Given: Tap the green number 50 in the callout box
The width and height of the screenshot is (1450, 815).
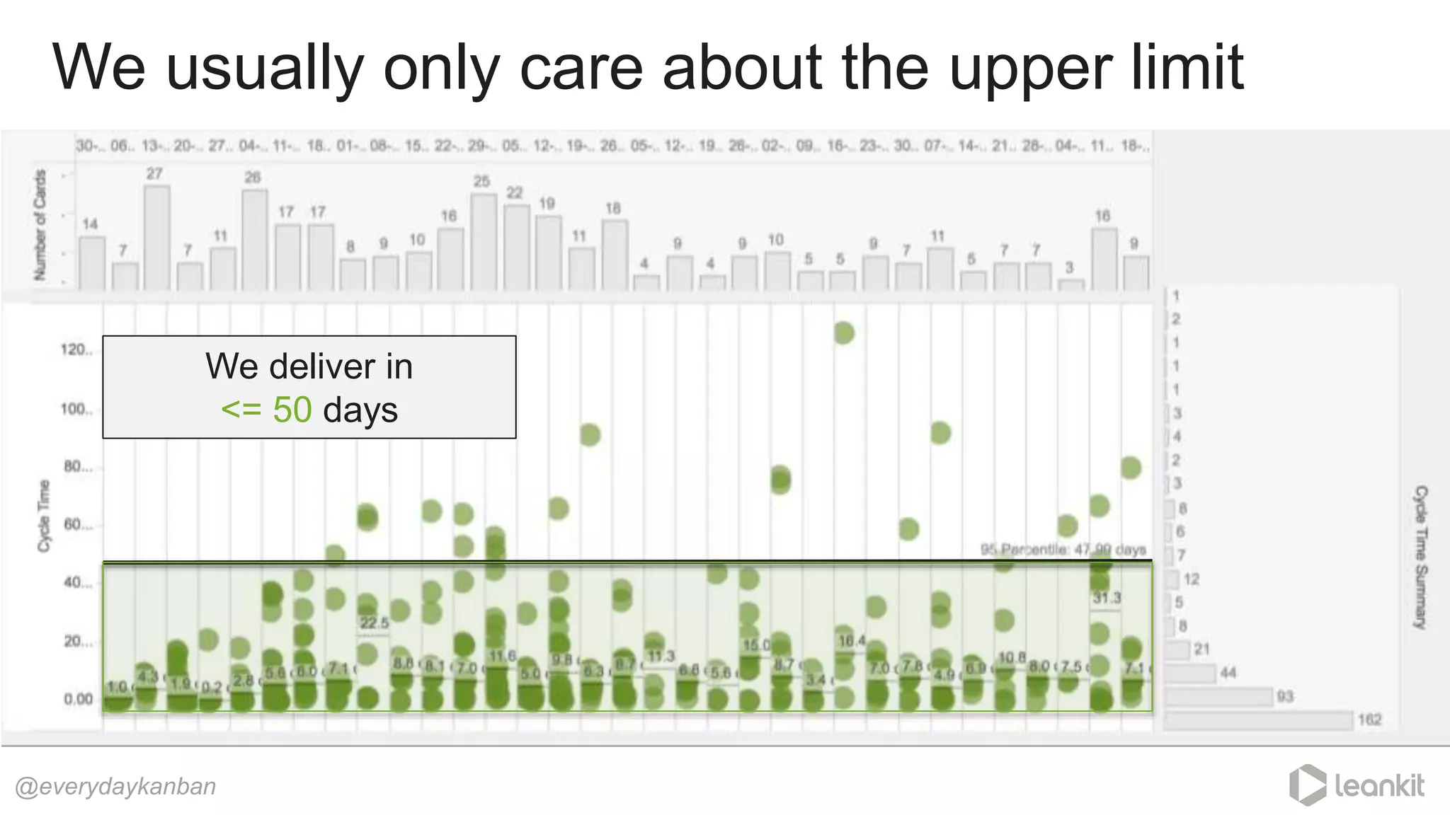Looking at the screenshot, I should click(x=292, y=410).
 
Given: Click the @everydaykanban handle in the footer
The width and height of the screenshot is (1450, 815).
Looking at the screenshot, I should click(x=115, y=787).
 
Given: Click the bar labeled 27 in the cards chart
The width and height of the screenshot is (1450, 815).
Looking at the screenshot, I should click(x=156, y=237).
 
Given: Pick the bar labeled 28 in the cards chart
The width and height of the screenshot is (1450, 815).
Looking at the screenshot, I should click(x=255, y=239).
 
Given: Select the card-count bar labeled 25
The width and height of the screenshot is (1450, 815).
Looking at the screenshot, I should click(x=483, y=241).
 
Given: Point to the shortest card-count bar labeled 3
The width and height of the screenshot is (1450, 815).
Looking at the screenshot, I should click(x=1071, y=284).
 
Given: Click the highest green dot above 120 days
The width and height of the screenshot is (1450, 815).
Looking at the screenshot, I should click(x=843, y=333).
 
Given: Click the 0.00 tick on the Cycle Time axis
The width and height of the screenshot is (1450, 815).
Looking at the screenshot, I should click(x=78, y=699).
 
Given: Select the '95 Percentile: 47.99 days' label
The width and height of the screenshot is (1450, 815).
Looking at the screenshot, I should click(x=1063, y=549).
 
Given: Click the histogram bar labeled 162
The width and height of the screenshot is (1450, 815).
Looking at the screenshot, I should click(x=1258, y=720).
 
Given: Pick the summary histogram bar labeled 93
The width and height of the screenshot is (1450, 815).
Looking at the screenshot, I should click(x=1218, y=697).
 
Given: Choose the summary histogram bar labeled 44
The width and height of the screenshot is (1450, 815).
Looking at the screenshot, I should click(x=1190, y=673).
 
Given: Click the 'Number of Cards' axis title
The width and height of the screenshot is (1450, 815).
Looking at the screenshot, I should click(x=40, y=224).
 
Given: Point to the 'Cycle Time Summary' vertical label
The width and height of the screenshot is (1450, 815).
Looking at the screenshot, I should click(x=1420, y=557).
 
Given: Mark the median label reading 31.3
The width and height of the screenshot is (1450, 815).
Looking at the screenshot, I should click(x=1106, y=599).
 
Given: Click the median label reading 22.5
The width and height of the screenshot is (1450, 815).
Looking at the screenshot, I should click(x=374, y=623).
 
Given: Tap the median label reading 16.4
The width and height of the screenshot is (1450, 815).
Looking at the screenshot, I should click(x=852, y=641).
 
